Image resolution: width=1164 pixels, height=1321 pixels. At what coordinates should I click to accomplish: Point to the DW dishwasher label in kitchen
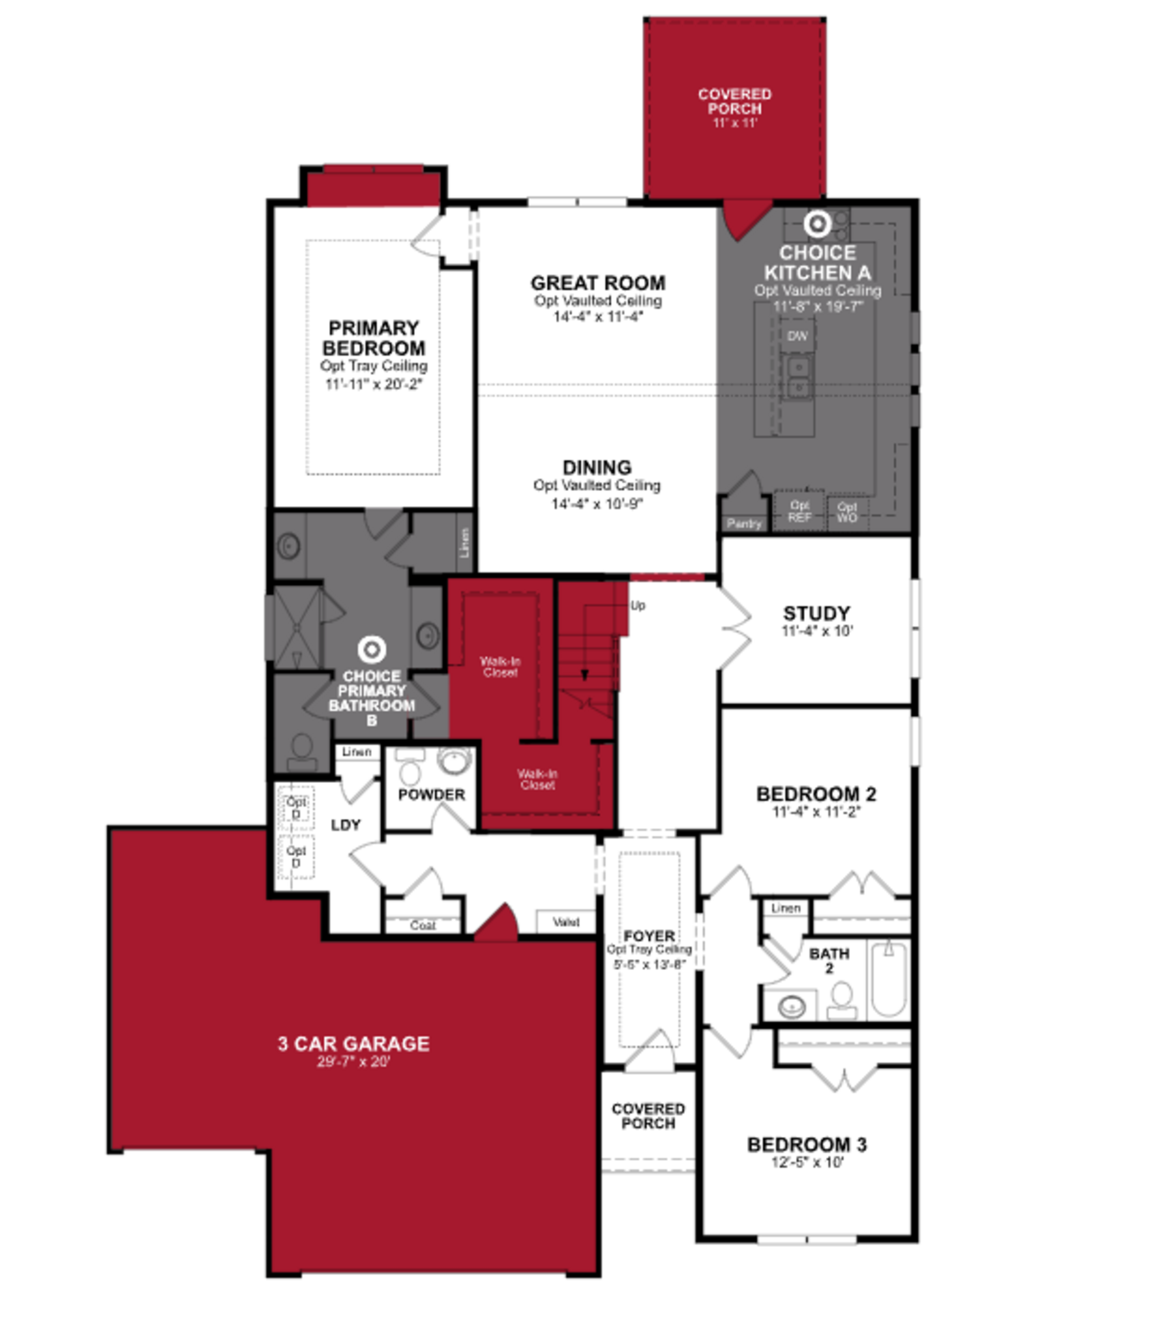point(798,336)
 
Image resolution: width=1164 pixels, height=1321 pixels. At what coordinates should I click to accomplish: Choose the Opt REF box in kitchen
point(799,511)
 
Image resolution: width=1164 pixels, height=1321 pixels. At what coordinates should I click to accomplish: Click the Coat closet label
point(423,925)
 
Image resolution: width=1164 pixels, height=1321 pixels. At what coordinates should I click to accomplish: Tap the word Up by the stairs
point(637,606)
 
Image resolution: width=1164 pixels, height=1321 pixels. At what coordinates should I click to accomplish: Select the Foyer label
point(649,936)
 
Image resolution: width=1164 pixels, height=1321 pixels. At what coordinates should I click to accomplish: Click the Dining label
point(597,467)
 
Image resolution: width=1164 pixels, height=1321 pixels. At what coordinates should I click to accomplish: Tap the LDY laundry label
point(345,825)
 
